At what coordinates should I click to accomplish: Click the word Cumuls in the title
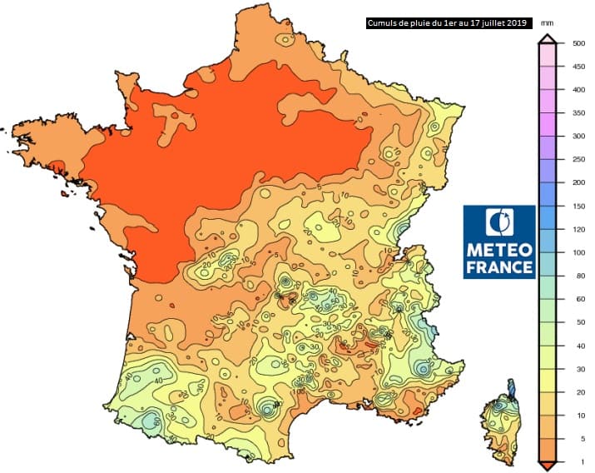coord(384,22)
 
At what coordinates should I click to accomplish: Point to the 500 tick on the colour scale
coord(577,42)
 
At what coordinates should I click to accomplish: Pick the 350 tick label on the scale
coord(577,112)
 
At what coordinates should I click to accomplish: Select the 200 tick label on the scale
coord(577,182)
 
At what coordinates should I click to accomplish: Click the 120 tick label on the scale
coord(577,229)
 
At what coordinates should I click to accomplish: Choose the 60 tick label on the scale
coord(577,299)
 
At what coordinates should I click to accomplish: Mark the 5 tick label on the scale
coord(577,439)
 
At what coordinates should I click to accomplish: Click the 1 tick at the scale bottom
coord(577,461)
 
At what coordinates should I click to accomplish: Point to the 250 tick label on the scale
coord(577,159)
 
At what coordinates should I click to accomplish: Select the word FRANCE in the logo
coord(499,267)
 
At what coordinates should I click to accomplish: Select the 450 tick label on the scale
coord(577,66)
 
